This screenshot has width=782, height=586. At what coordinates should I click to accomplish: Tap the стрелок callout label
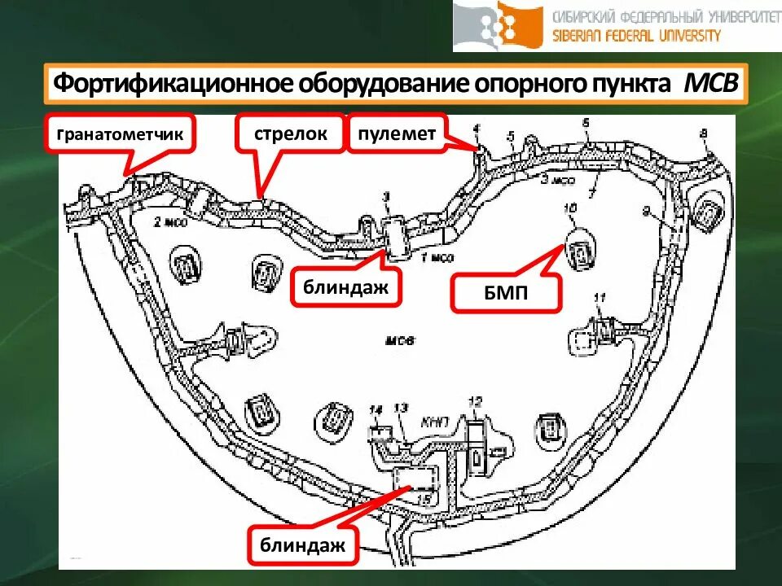coord(290,133)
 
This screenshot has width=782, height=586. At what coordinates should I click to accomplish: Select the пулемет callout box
coord(397,133)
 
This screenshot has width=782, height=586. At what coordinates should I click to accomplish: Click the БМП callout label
coord(506,293)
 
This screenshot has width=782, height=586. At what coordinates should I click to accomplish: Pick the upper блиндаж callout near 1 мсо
coord(345,286)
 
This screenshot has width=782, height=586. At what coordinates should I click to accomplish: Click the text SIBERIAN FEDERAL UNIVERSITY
coord(637,36)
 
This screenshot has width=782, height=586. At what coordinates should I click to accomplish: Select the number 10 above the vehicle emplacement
coord(569,210)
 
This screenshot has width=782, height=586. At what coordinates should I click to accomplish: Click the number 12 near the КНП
coord(475,400)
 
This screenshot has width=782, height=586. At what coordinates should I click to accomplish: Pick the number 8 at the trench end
coord(704,133)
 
